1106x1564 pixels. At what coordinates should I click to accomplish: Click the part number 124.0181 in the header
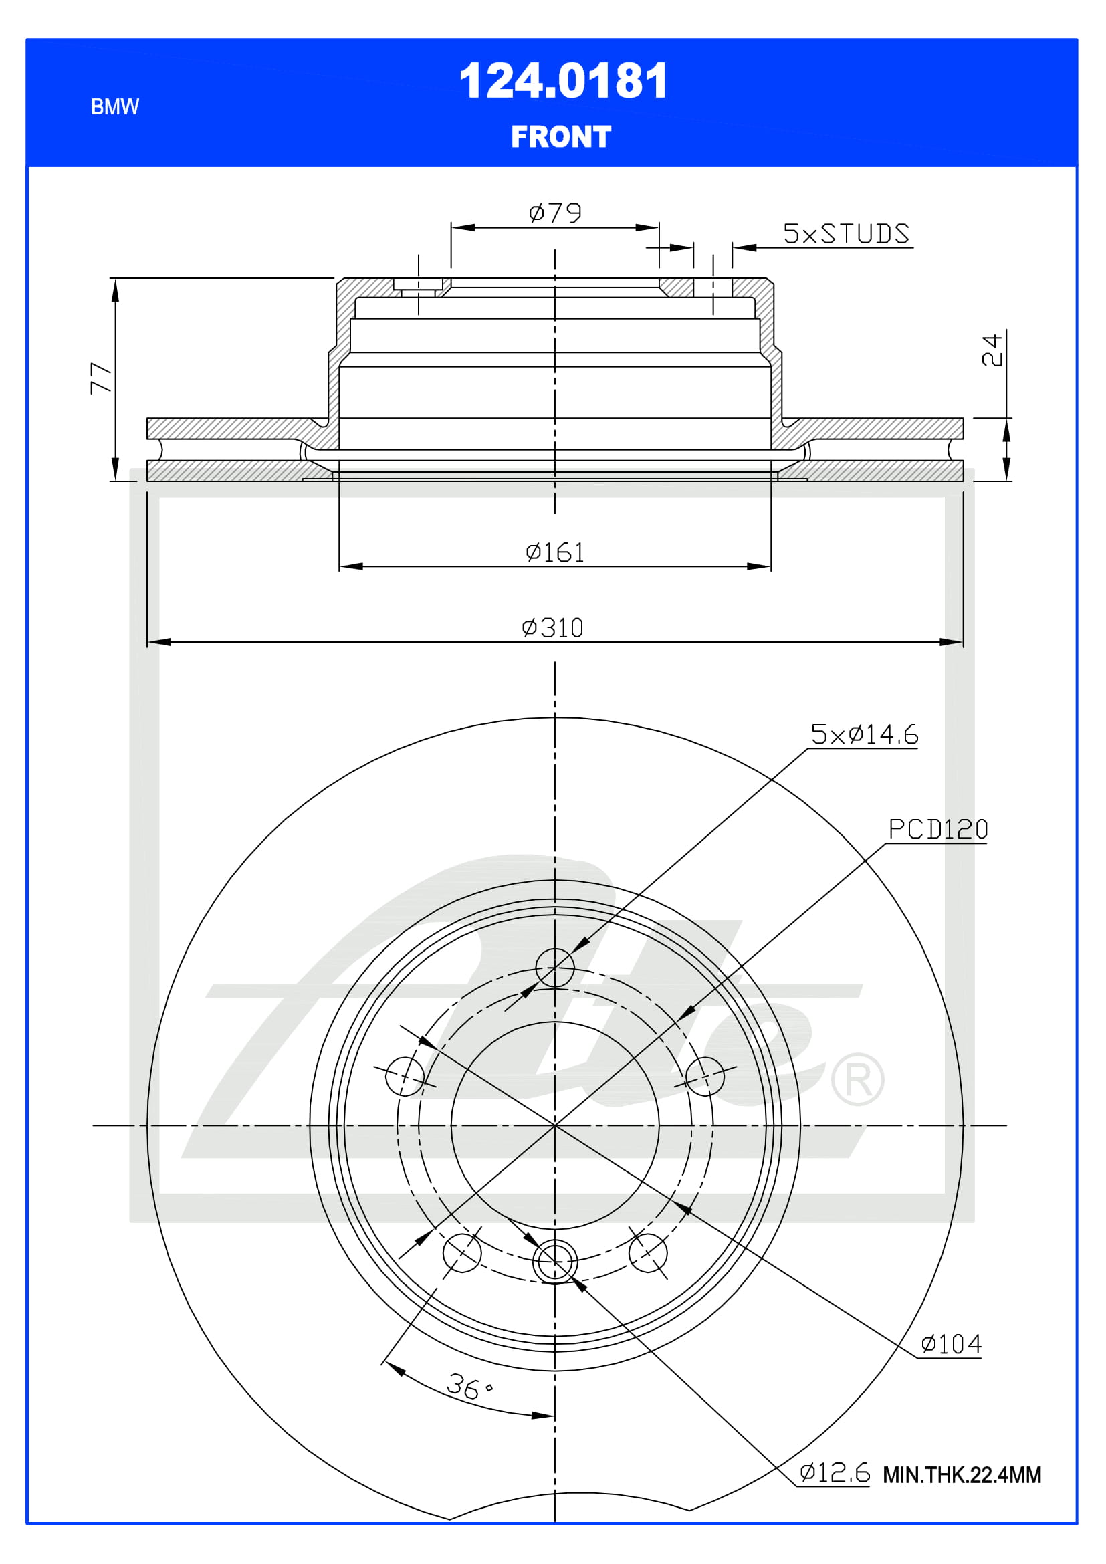(x=563, y=81)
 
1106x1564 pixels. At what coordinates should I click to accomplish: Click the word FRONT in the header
(x=561, y=137)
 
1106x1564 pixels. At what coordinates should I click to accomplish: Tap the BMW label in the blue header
(x=114, y=107)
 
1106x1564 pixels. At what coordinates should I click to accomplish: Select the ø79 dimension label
(x=555, y=213)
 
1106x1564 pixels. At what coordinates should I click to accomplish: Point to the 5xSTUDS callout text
(x=846, y=233)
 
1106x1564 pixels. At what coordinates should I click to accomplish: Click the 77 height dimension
(x=101, y=378)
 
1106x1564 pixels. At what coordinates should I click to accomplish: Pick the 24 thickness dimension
(x=992, y=350)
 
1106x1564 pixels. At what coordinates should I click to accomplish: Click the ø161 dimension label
(x=555, y=552)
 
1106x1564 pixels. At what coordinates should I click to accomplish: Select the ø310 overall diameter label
(x=552, y=627)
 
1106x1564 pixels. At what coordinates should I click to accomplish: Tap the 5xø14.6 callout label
(x=864, y=734)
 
